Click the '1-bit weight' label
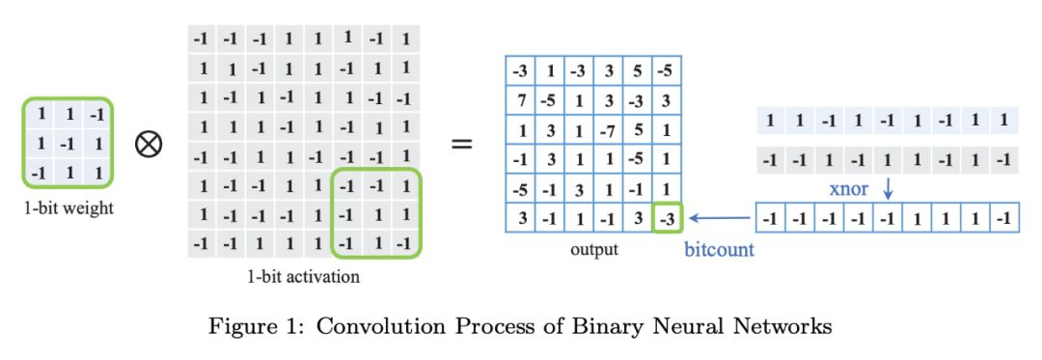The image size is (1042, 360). click(69, 208)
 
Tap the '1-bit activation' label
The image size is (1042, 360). click(305, 278)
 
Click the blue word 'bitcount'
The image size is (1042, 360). click(720, 250)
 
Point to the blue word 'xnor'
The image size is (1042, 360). click(850, 188)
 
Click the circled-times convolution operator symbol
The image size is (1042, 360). click(149, 145)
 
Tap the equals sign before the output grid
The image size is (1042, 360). click(463, 145)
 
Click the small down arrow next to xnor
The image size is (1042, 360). click(888, 188)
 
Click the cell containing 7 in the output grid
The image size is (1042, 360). click(520, 100)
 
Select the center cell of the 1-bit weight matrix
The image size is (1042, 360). click(69, 143)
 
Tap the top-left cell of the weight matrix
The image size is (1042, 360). click(41, 114)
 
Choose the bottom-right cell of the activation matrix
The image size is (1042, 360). click(406, 241)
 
